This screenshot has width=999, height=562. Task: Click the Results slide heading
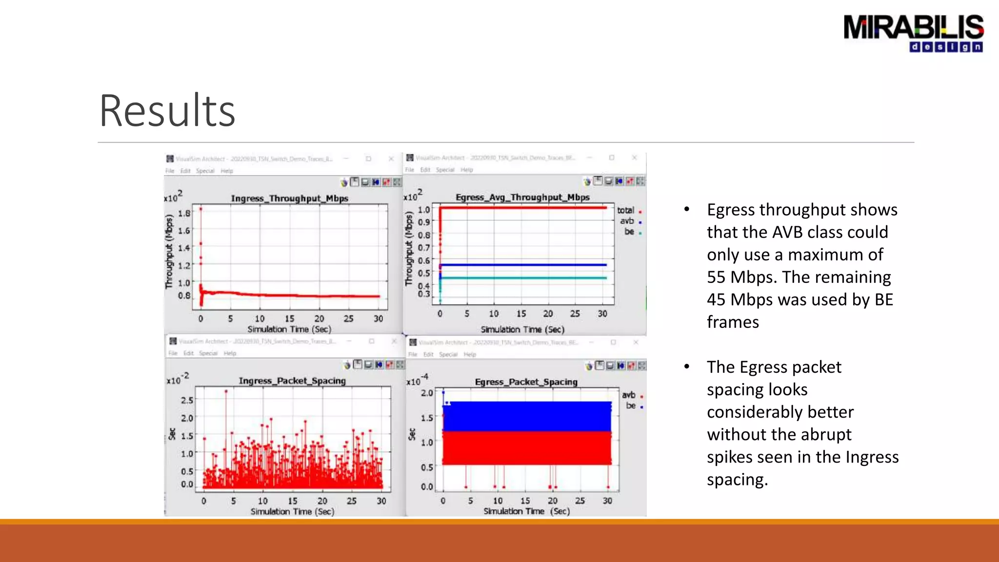click(x=167, y=111)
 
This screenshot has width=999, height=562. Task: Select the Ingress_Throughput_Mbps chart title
click(x=289, y=199)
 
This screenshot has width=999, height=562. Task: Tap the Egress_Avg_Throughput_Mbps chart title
click(x=522, y=198)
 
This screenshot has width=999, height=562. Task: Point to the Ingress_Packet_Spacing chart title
click(x=292, y=381)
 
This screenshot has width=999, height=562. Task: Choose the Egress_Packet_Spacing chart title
click(x=526, y=382)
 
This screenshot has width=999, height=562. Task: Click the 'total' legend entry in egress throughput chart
click(x=626, y=210)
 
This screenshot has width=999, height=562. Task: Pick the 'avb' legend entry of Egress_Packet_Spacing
click(x=629, y=395)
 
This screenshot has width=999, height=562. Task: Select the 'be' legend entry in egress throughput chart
click(x=629, y=232)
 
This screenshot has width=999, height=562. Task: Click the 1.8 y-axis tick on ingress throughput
click(x=184, y=213)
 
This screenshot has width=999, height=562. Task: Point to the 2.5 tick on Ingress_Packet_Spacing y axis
click(x=187, y=401)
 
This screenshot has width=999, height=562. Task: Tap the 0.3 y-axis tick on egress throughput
click(x=424, y=294)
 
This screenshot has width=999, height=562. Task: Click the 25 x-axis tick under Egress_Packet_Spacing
click(x=580, y=501)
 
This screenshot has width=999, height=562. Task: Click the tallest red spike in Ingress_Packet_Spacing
click(x=226, y=392)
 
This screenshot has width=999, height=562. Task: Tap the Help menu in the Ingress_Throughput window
click(x=227, y=171)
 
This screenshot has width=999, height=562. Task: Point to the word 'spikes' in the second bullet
click(x=730, y=457)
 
